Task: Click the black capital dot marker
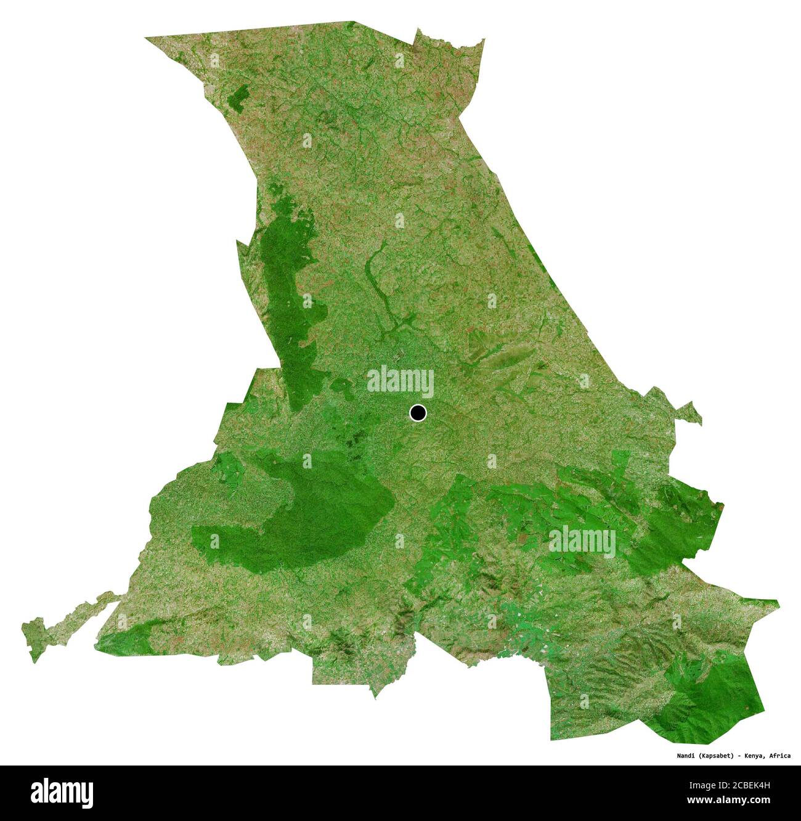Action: pyautogui.click(x=418, y=412)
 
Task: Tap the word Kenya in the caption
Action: pyautogui.click(x=754, y=756)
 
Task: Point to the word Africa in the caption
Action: pyautogui.click(x=779, y=756)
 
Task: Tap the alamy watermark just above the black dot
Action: pyautogui.click(x=400, y=382)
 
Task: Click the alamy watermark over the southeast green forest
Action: pyautogui.click(x=582, y=542)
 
